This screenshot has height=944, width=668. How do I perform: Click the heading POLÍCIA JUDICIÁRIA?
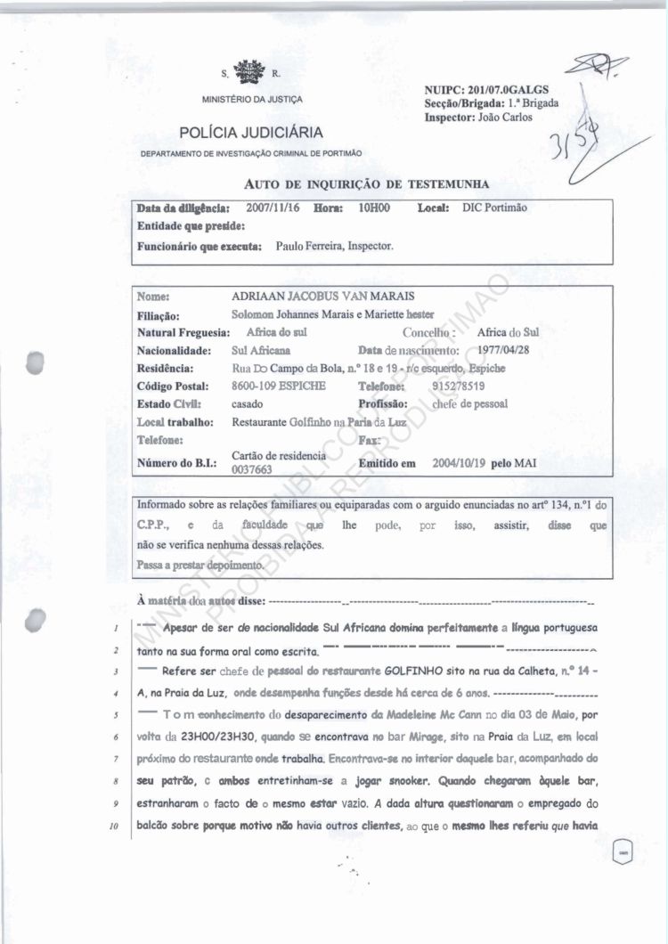(x=251, y=134)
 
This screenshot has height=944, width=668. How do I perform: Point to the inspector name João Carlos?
(x=504, y=117)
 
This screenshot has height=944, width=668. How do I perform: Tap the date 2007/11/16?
(x=271, y=208)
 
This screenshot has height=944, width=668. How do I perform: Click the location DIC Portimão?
(x=495, y=208)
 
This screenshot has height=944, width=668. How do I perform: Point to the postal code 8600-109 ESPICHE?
(x=279, y=386)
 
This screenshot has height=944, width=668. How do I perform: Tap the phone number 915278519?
(x=458, y=386)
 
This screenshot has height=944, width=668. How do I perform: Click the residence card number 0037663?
(x=251, y=470)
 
